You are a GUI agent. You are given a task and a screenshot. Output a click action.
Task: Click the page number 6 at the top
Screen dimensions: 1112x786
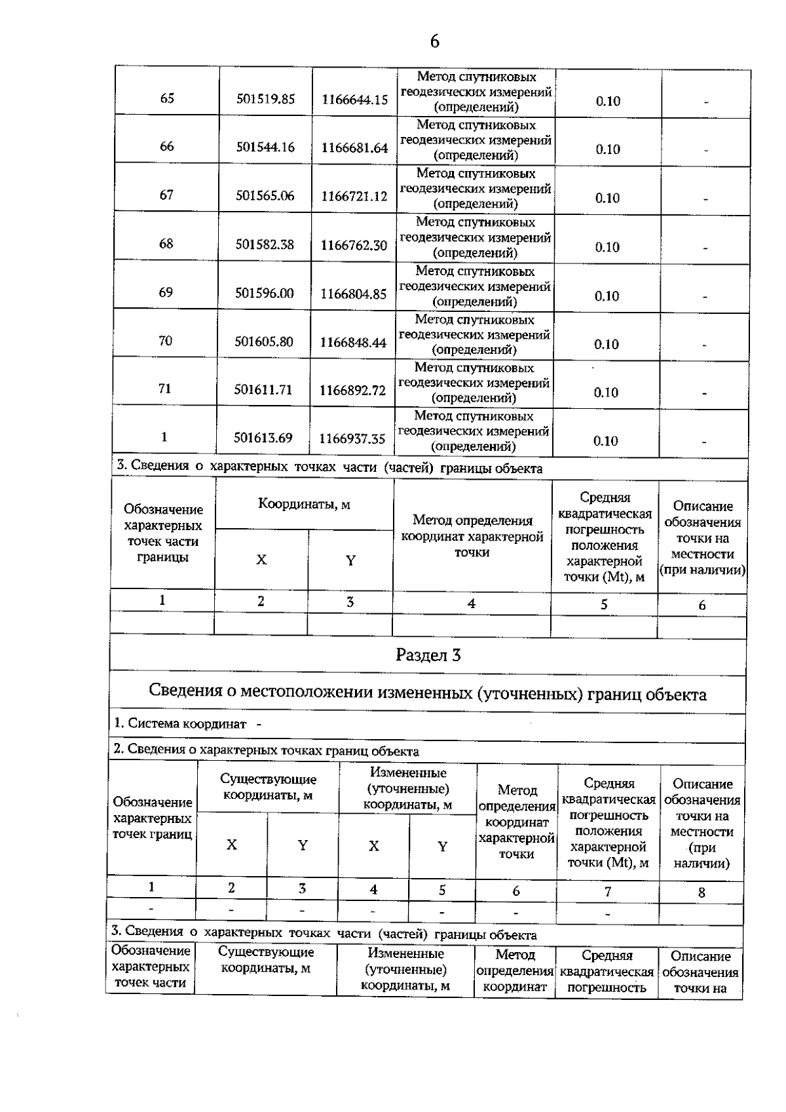point(434,42)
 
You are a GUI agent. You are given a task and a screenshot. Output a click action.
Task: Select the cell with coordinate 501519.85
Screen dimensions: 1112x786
point(265,99)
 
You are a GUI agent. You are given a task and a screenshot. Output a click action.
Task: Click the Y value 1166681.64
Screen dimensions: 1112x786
point(354,148)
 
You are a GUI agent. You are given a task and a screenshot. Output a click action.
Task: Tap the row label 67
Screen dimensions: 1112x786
point(166,195)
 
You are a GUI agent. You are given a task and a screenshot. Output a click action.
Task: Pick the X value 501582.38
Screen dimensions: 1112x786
point(265,244)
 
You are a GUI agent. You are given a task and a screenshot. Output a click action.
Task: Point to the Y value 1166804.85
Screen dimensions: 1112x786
point(353,294)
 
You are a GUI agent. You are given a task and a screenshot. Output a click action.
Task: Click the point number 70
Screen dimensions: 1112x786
point(165,340)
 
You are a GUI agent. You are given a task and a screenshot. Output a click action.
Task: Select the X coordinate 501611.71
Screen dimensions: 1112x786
point(263,390)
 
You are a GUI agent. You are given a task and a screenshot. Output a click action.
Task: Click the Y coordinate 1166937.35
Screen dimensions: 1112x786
point(352,439)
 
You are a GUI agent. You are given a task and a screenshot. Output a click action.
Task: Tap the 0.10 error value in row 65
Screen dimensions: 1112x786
point(608,101)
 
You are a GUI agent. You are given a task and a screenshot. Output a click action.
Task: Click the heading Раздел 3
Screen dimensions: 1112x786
point(428,655)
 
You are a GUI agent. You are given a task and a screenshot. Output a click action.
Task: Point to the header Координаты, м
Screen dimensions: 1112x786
point(304,505)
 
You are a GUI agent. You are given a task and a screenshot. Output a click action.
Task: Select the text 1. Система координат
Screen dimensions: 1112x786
point(180,723)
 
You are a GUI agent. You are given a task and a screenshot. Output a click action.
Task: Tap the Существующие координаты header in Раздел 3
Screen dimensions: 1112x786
point(268,787)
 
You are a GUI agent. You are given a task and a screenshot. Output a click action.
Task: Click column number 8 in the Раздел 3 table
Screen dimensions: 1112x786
point(702,892)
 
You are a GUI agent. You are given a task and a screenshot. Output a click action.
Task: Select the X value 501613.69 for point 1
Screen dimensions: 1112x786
point(263,438)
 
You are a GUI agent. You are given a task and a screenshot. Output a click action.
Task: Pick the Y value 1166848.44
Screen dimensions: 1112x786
point(353,342)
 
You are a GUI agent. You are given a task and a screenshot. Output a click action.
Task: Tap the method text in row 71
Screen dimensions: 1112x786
point(474,383)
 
